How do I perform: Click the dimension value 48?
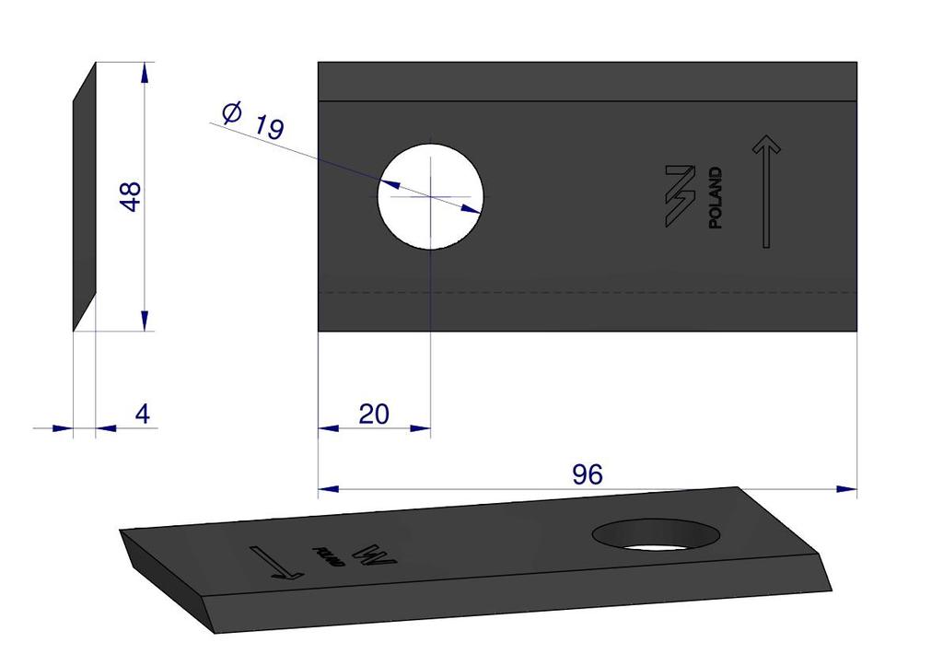(131, 196)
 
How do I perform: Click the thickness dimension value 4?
(143, 414)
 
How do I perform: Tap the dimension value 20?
(374, 415)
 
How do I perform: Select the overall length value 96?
(587, 474)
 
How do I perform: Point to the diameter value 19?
(269, 127)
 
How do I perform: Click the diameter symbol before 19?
(232, 112)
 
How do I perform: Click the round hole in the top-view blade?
(430, 196)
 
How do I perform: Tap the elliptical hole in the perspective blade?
(656, 534)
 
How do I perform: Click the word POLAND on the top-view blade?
(715, 198)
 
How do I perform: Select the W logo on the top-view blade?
(681, 196)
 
